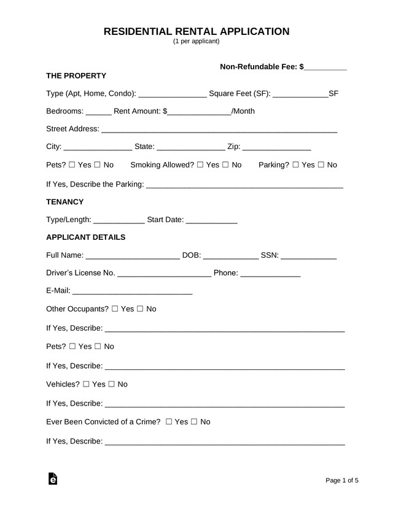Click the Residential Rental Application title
tap(196, 31)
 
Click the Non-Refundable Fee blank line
tap(325, 67)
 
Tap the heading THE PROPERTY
tap(76, 75)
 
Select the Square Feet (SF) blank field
tap(300, 94)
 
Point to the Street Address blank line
tap(219, 129)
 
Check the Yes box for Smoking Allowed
tap(200, 165)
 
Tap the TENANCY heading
tap(64, 201)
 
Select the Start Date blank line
tap(211, 220)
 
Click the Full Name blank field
tap(133, 255)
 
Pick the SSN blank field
tap(309, 255)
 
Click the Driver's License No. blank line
tap(164, 273)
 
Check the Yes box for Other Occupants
tap(115, 309)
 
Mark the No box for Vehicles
tap(112, 385)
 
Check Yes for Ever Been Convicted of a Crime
tap(169, 422)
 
